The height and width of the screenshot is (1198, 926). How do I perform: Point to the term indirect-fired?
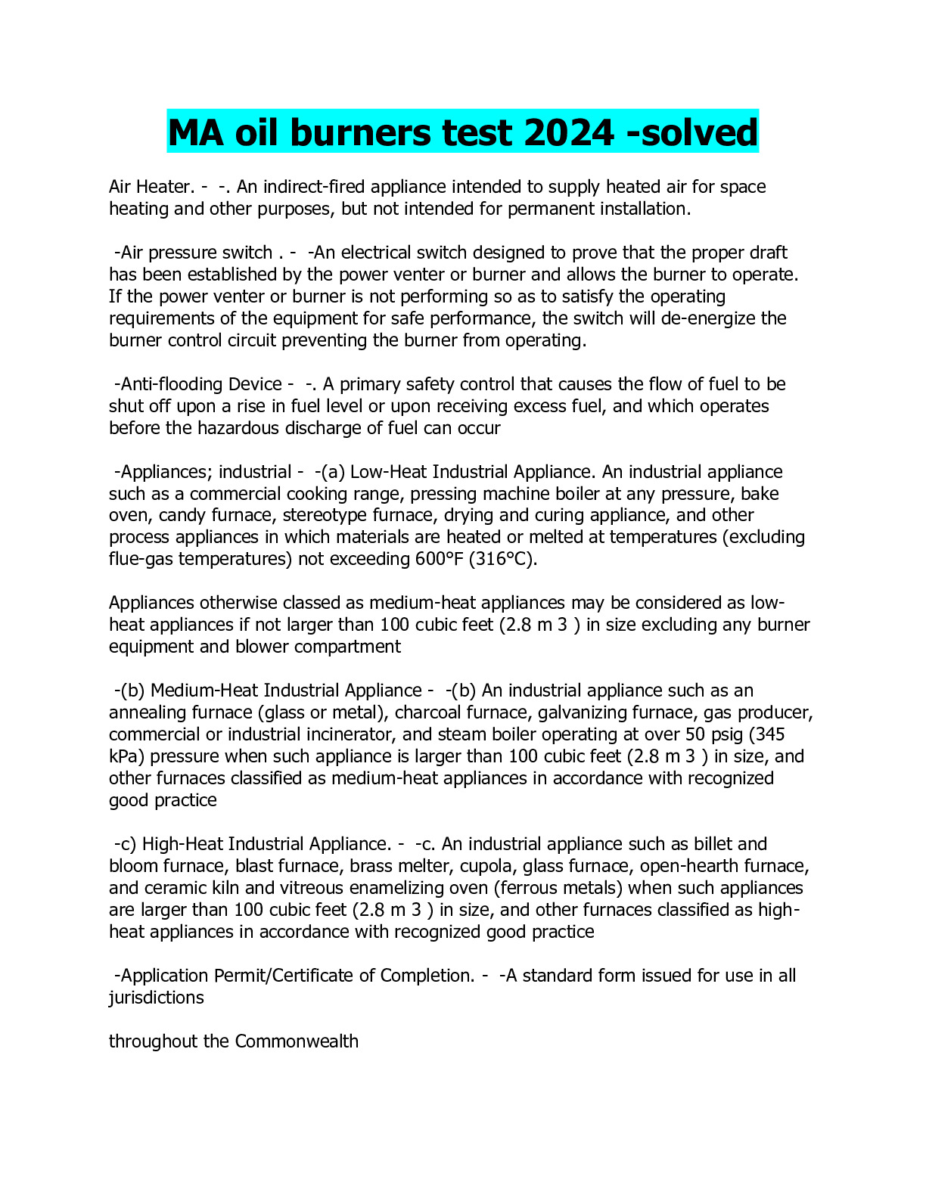[x=313, y=187]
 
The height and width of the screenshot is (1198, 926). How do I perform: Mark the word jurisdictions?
[x=157, y=998]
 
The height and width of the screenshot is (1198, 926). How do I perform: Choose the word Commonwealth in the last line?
[x=297, y=1041]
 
